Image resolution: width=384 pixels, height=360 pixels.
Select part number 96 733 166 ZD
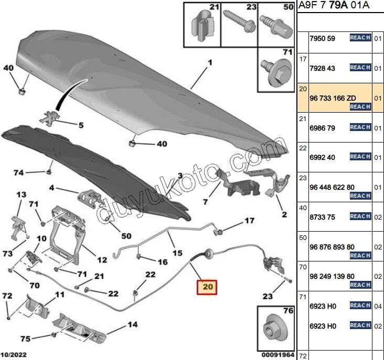332,97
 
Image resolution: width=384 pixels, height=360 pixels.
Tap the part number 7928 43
323,68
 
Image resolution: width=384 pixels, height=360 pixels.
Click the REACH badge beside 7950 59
360,38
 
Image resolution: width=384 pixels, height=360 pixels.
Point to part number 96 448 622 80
332,187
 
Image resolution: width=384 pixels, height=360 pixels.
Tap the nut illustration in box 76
274,329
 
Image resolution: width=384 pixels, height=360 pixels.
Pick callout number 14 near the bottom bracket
133,325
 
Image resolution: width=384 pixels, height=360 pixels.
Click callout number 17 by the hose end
249,220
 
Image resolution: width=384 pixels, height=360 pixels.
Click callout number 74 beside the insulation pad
19,172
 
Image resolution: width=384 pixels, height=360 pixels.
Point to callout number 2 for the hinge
284,214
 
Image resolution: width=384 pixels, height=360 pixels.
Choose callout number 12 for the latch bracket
102,259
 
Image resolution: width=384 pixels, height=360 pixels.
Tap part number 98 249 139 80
332,276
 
